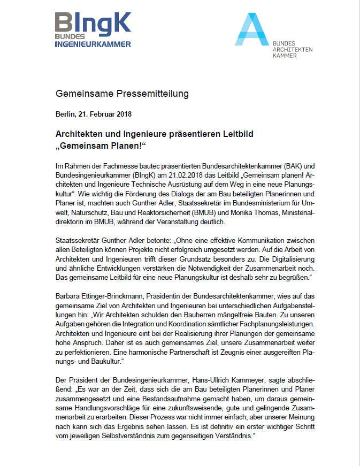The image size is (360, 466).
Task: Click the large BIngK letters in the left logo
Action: click(x=93, y=23)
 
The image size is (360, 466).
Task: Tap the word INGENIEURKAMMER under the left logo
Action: click(x=93, y=44)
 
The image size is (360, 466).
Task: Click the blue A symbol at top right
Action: click(x=252, y=30)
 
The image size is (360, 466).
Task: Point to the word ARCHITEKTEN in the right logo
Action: click(x=293, y=49)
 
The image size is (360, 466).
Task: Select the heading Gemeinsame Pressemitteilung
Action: click(x=122, y=94)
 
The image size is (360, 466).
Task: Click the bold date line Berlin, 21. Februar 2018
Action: click(x=94, y=114)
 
